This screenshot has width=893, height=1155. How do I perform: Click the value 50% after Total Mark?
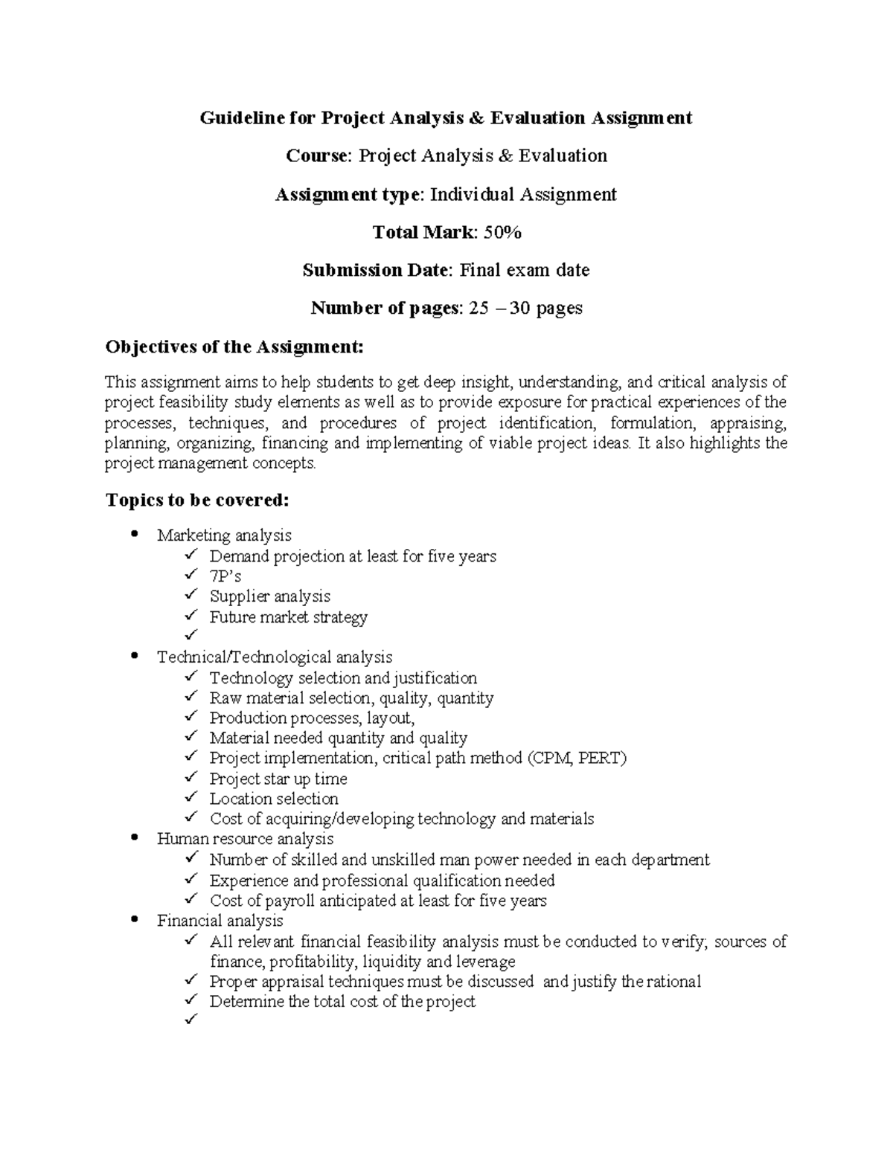coord(502,232)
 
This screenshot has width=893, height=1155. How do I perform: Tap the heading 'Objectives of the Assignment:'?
coord(235,347)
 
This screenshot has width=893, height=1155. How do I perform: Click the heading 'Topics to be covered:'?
coord(196,500)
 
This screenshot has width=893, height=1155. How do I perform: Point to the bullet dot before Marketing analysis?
coord(134,535)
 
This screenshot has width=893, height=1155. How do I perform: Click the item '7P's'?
coord(225,576)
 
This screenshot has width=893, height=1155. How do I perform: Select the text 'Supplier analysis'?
coord(269,596)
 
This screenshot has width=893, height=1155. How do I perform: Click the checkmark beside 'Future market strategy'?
coord(192,616)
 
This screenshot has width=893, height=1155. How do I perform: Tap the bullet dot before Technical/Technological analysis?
coord(134,657)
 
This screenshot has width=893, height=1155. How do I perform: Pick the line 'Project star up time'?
coord(278,779)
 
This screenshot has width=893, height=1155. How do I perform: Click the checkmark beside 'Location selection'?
coord(192,797)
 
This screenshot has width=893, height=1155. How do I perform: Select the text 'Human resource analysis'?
coord(245,839)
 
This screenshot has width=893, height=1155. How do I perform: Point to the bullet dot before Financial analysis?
coord(134,921)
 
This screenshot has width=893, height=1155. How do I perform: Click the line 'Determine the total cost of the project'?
coord(342,1002)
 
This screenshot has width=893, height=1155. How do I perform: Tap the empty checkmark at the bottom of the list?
coord(192,1021)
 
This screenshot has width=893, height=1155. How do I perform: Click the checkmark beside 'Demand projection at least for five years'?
coord(192,555)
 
